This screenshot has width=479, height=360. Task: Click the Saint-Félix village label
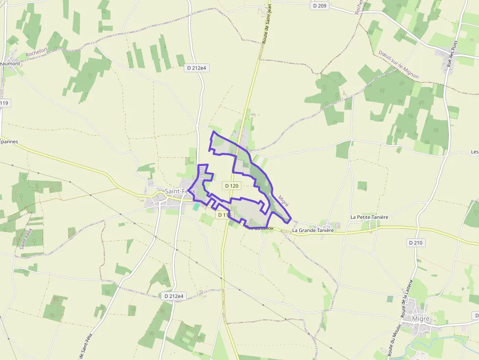pyautogui.click(x=180, y=191)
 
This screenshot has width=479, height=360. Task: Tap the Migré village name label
pyautogui.click(x=420, y=318)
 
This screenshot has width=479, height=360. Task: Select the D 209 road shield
pyautogui.click(x=319, y=6)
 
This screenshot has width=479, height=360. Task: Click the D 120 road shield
pyautogui.click(x=232, y=186)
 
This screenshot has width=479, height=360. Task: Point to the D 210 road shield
pyautogui.click(x=415, y=242)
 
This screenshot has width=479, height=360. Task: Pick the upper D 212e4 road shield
pyautogui.click(x=197, y=68)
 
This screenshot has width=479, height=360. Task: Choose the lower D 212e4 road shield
pyautogui.click(x=174, y=296)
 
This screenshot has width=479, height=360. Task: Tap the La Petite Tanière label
pyautogui.click(x=369, y=216)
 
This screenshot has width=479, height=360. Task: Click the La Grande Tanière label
pyautogui.click(x=313, y=230)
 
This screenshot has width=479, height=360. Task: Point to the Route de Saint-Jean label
pyautogui.click(x=266, y=22)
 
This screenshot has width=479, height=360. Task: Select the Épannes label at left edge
pyautogui.click(x=9, y=142)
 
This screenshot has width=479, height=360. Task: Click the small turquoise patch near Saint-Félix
pyautogui.click(x=196, y=207)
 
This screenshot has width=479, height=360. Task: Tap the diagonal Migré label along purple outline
pyautogui.click(x=283, y=201)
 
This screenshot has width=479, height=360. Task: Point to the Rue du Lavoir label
pyautogui.click(x=261, y=228)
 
